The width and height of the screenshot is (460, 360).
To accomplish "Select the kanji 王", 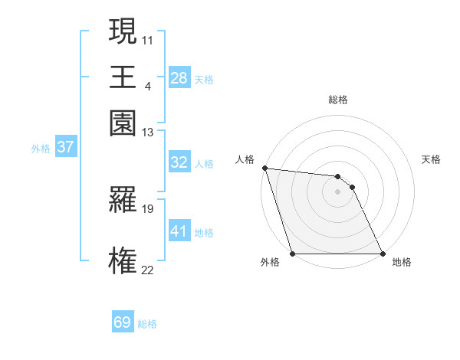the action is [x=123, y=77].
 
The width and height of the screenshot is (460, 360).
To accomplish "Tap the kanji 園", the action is [x=123, y=123].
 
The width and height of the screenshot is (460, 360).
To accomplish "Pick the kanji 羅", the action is [x=123, y=201].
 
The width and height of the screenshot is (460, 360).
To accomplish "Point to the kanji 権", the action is [x=123, y=260].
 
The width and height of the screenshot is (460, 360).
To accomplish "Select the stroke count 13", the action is [x=148, y=133].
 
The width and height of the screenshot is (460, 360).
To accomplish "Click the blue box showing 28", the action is [x=179, y=77].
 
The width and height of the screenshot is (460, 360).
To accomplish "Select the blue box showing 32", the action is [x=179, y=162].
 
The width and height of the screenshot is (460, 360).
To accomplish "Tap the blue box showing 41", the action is [x=179, y=231].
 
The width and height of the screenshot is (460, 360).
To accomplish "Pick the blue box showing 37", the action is [x=65, y=148].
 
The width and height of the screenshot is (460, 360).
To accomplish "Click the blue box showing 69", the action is [x=123, y=322].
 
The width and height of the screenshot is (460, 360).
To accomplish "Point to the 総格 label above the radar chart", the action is [x=338, y=100].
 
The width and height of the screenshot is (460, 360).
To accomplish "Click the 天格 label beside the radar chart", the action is [x=431, y=159].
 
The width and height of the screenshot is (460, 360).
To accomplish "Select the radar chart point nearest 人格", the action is [x=264, y=168].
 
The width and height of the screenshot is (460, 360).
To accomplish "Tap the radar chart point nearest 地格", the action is [x=382, y=254].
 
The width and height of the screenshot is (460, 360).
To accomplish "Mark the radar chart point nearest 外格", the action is [x=292, y=254].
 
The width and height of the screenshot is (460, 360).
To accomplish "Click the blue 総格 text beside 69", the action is [x=147, y=324].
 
